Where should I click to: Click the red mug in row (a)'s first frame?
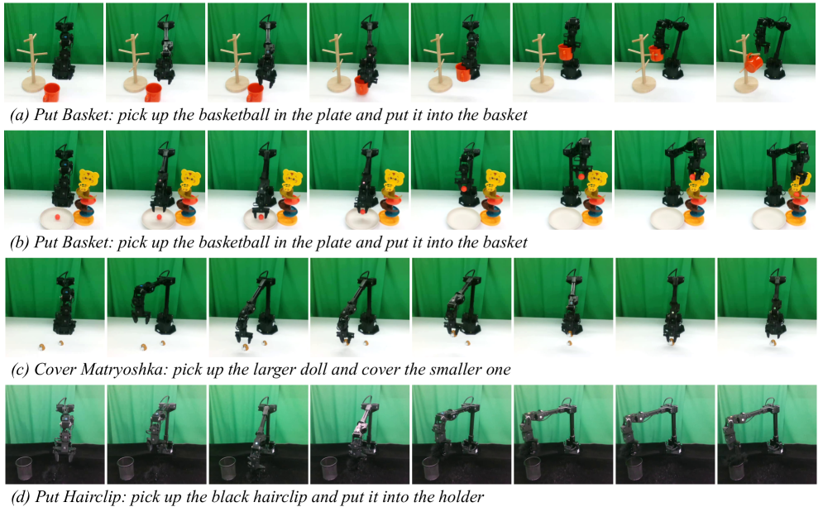click(x=51, y=92)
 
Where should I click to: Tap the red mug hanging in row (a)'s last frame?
click(x=754, y=64)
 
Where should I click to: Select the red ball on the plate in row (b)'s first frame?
click(x=57, y=216)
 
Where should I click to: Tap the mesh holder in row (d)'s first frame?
click(x=24, y=468)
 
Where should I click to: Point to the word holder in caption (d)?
click(x=461, y=496)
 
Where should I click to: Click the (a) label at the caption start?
click(x=19, y=116)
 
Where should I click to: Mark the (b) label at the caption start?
click(x=19, y=242)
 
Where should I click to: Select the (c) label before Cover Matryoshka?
click(x=19, y=370)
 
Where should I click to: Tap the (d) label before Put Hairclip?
click(x=21, y=496)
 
